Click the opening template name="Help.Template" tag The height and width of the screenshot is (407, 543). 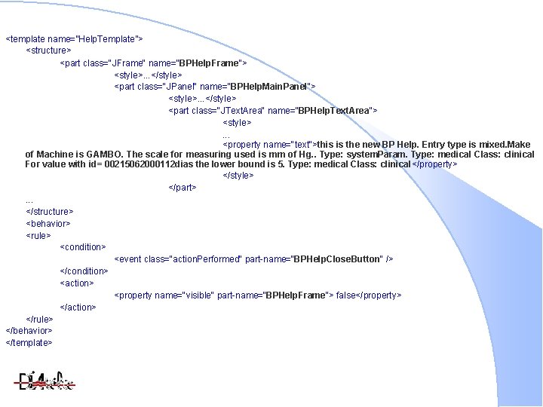click(74, 38)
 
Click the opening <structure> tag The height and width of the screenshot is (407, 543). click(48, 50)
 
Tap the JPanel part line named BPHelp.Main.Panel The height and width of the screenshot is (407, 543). click(215, 87)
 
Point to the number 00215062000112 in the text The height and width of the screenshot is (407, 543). click(139, 164)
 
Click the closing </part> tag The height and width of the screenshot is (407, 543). click(183, 188)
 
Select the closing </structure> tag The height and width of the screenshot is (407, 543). click(50, 212)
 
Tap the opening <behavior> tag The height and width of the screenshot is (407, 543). click(48, 224)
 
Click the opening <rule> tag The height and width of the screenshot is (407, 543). click(38, 235)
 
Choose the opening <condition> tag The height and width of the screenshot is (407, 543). click(83, 246)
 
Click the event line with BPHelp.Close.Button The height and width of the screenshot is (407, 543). click(253, 259)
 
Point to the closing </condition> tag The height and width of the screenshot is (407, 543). click(84, 271)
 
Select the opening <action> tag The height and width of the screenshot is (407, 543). click(77, 283)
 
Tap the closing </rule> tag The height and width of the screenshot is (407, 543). click(40, 319)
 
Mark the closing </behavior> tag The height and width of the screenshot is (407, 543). click(29, 331)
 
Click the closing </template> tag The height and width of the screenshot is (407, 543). click(29, 343)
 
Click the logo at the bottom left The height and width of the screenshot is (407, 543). click(46, 381)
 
